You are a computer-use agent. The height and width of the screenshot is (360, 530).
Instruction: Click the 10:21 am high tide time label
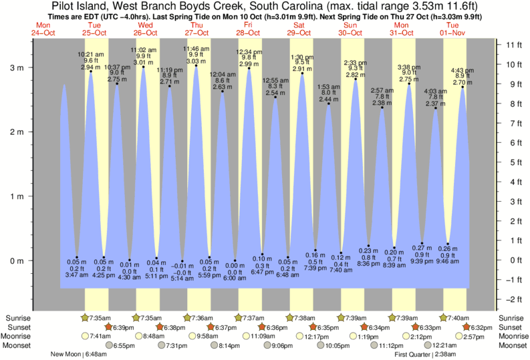point(90,53)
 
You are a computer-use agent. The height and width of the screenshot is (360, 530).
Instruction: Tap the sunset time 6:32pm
point(481,327)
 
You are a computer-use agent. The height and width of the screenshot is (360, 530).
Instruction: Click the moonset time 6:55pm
point(124,345)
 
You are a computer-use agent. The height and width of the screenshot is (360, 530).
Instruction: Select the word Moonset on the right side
point(513,345)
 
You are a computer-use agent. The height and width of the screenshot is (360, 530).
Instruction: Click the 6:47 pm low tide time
point(262,273)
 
